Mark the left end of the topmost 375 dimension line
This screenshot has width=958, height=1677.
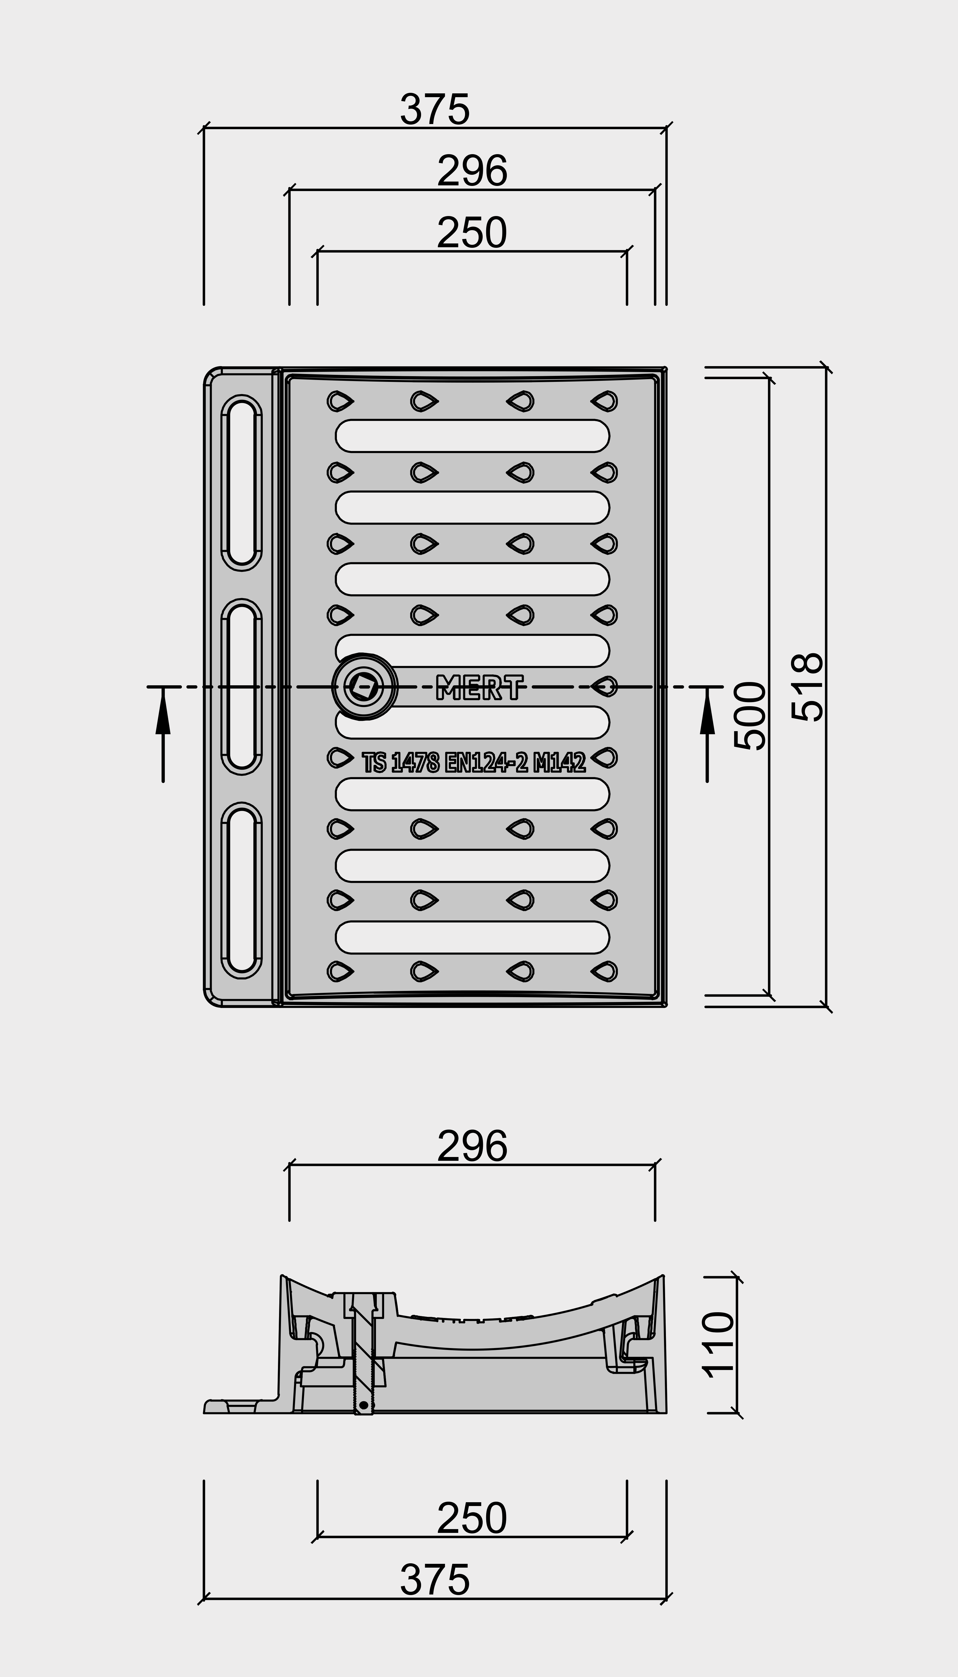(204, 128)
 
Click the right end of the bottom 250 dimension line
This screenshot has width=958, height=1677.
(627, 1537)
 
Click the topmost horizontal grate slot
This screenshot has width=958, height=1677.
(472, 435)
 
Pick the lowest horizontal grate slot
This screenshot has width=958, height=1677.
(472, 937)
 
